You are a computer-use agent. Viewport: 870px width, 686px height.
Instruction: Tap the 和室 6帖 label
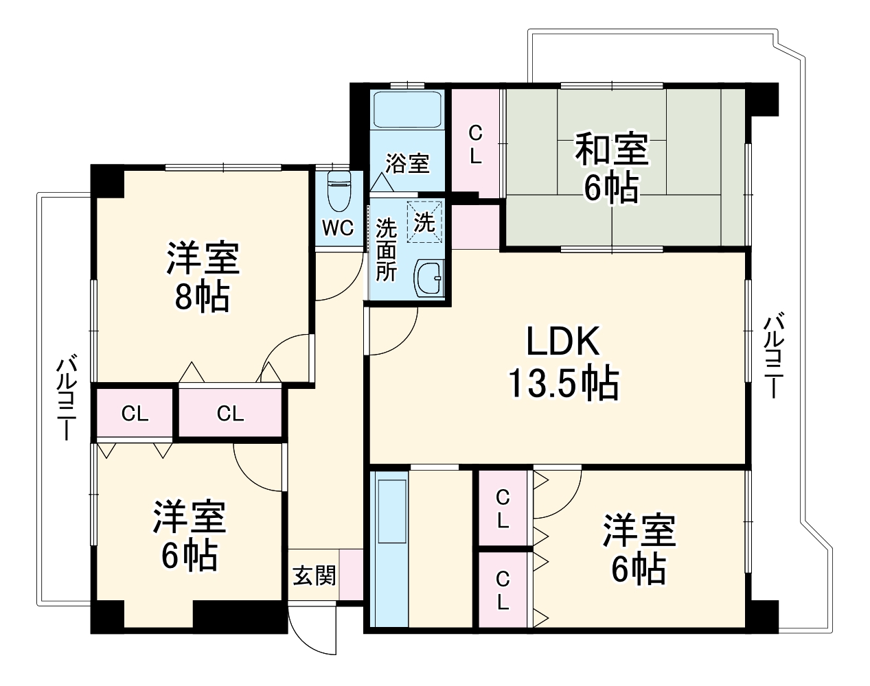click(611, 169)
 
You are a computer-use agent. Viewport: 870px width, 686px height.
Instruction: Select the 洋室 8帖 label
click(202, 279)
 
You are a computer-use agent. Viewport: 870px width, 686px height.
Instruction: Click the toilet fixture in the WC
click(339, 191)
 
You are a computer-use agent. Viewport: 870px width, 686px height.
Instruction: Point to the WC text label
click(338, 228)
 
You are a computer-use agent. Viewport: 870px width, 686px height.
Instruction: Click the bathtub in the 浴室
click(407, 109)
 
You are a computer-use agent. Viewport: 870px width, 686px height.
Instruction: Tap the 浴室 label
click(407, 163)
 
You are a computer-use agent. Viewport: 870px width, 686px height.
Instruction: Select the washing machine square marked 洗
click(424, 222)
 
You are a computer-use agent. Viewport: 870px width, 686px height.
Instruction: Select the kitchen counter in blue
click(389, 549)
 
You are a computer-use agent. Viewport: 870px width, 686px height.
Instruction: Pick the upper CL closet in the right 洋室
click(503, 508)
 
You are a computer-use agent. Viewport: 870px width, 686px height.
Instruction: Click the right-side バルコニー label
click(775, 357)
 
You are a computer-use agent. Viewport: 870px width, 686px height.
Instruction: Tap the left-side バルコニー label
click(66, 398)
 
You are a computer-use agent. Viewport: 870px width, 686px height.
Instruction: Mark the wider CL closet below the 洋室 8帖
click(231, 414)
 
